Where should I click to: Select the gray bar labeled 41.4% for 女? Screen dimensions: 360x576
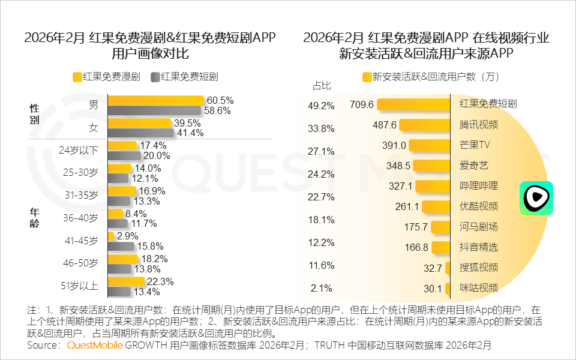point(140,133)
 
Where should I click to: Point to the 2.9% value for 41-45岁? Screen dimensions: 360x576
point(127,236)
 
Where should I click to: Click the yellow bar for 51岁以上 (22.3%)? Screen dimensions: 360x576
point(126,281)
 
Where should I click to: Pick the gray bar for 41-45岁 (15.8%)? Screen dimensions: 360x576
point(121,246)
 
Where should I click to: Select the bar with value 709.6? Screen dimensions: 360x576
point(413,104)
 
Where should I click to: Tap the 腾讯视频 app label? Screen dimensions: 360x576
point(478,125)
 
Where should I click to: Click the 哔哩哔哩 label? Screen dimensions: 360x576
point(478,186)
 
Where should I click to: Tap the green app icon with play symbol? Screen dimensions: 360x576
point(536,199)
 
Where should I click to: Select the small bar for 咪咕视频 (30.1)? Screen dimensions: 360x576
point(448,289)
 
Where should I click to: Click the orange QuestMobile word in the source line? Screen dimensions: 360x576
point(95,346)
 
